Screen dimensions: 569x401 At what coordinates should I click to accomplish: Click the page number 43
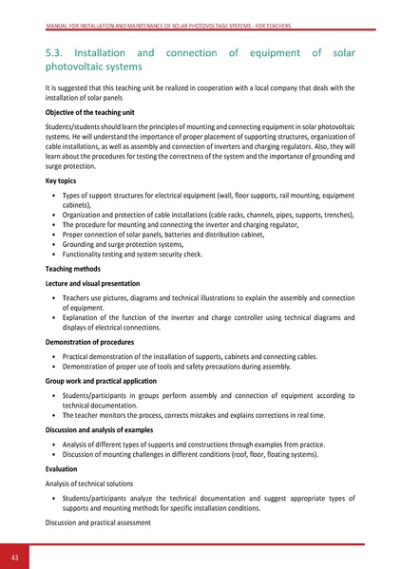tap(16, 555)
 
